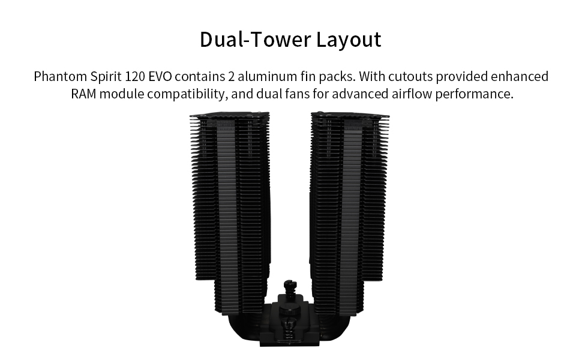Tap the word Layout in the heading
[x=349, y=40]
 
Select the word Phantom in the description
[x=60, y=76]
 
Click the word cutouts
[x=410, y=76]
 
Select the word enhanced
[x=520, y=76]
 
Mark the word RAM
[x=83, y=94]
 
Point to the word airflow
[x=411, y=94]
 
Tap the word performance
[x=474, y=94]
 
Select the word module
[x=122, y=94]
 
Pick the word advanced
[x=360, y=94]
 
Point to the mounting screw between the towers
[x=290, y=288]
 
